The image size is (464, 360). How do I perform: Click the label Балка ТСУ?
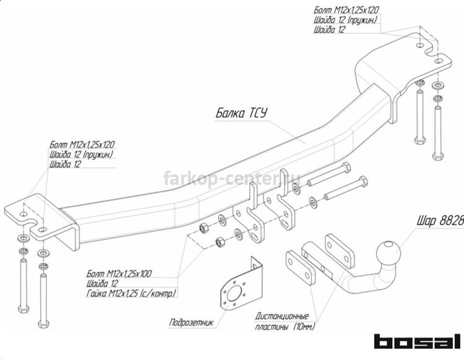[x=241, y=113]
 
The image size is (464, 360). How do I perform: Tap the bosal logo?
[x=418, y=341]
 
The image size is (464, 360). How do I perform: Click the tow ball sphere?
[x=389, y=253]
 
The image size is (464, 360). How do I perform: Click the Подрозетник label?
[x=191, y=322]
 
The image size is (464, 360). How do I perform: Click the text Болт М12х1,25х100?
[x=119, y=273]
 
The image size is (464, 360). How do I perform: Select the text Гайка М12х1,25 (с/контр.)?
[x=131, y=293]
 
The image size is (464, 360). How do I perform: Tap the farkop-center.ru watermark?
[x=232, y=178]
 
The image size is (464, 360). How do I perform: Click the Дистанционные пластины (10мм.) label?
[x=285, y=321]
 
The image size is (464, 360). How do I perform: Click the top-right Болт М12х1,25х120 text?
[x=346, y=10]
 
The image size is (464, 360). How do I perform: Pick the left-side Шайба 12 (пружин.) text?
[x=82, y=155]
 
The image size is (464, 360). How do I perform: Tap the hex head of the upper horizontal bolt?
[x=346, y=168]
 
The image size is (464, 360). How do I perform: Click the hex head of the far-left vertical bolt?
[x=24, y=309]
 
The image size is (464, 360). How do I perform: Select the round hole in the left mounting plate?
[x=24, y=214]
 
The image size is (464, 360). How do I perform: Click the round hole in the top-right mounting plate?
[x=420, y=46]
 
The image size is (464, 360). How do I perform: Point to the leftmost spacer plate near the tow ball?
[x=300, y=267]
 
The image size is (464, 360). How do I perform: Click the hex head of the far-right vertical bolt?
[x=437, y=156]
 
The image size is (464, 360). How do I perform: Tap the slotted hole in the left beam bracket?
[x=255, y=238]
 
